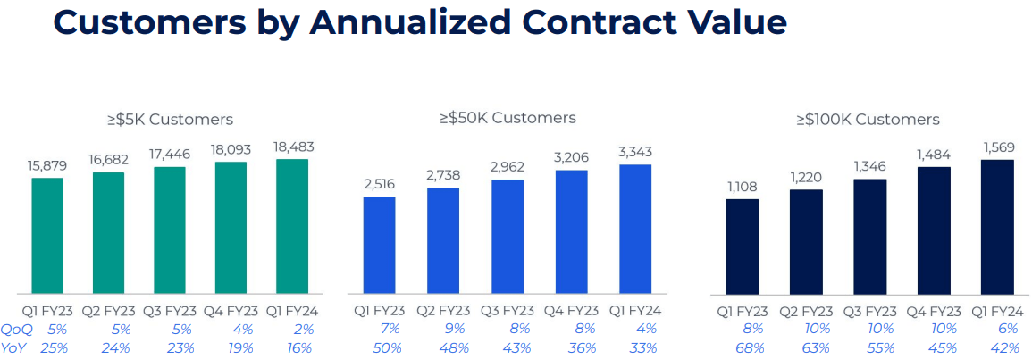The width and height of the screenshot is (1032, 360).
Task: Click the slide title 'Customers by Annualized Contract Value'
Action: coord(419,22)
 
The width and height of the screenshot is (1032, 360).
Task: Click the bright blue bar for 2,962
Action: coord(508,236)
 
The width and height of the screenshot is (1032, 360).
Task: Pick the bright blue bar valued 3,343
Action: coord(635,229)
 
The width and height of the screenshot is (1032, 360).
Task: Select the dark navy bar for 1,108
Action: coord(743,246)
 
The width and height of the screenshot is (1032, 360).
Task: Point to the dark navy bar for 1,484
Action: coord(934,230)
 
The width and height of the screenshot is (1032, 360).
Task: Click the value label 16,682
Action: coord(108,159)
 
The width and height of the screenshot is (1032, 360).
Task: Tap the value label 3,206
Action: coord(571,157)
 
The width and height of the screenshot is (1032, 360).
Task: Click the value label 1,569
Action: coord(998,147)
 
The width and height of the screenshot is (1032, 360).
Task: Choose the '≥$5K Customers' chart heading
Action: coord(170,120)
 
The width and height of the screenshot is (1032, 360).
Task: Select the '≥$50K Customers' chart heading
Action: coord(508,118)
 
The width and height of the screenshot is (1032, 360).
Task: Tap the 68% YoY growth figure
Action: coord(743,348)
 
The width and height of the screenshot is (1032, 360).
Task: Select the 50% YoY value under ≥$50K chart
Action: coord(380,347)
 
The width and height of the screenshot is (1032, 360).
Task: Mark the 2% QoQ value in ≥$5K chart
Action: coord(304,330)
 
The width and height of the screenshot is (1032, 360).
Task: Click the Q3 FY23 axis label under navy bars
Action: coord(870,312)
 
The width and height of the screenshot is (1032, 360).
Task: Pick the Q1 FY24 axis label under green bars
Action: coord(292,312)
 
